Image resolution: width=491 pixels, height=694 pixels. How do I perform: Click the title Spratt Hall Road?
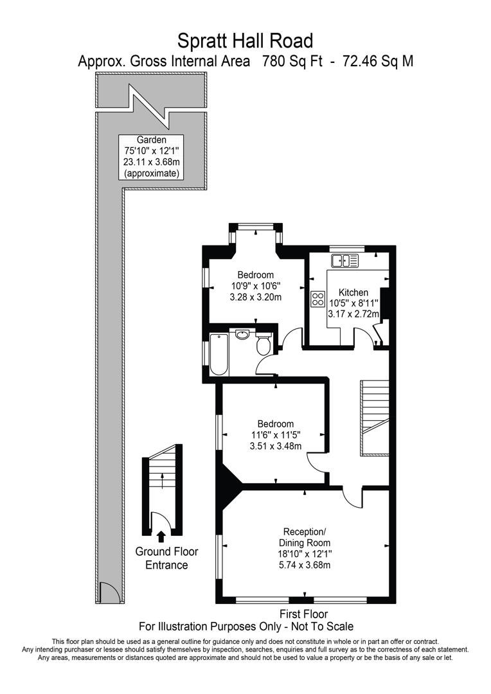(x=245, y=41)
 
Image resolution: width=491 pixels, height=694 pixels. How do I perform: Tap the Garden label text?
(x=152, y=140)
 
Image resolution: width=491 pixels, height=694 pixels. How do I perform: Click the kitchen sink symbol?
(x=344, y=260)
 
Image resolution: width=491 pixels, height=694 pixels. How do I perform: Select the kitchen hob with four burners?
(x=317, y=299)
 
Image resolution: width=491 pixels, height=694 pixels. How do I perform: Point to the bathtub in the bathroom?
(x=219, y=354)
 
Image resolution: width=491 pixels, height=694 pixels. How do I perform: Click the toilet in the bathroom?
(x=263, y=344)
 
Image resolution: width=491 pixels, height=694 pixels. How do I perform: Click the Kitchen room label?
(x=353, y=292)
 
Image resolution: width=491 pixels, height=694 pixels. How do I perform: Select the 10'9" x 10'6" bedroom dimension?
(x=256, y=286)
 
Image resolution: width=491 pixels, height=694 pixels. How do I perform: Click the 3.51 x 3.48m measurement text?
(x=275, y=447)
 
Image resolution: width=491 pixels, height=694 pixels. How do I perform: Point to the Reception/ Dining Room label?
(x=305, y=537)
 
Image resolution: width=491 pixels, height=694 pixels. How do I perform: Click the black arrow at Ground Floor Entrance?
(x=161, y=535)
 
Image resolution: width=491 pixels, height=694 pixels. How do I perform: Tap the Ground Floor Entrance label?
(x=166, y=558)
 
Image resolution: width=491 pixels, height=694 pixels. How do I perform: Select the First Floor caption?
(x=304, y=614)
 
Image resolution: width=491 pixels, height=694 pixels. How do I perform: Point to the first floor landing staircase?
(x=374, y=417)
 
